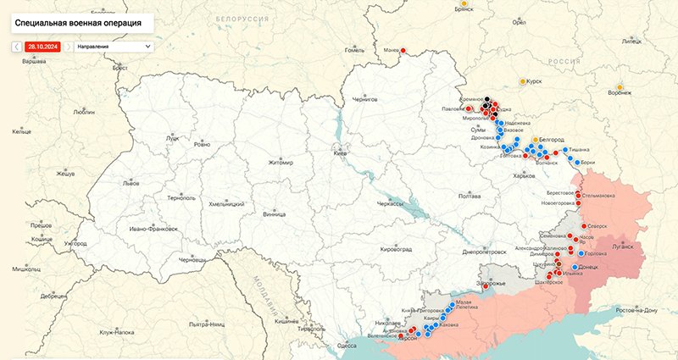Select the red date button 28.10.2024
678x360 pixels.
coord(41,46)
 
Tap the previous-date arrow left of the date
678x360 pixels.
coord(16,46)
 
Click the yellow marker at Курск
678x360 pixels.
coord(522,81)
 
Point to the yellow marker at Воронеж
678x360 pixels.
coord(620,87)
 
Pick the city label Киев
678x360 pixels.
coord(341,154)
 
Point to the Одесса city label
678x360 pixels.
coord(347,346)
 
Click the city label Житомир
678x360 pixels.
coord(280,162)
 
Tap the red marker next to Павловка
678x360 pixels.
coord(469,108)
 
